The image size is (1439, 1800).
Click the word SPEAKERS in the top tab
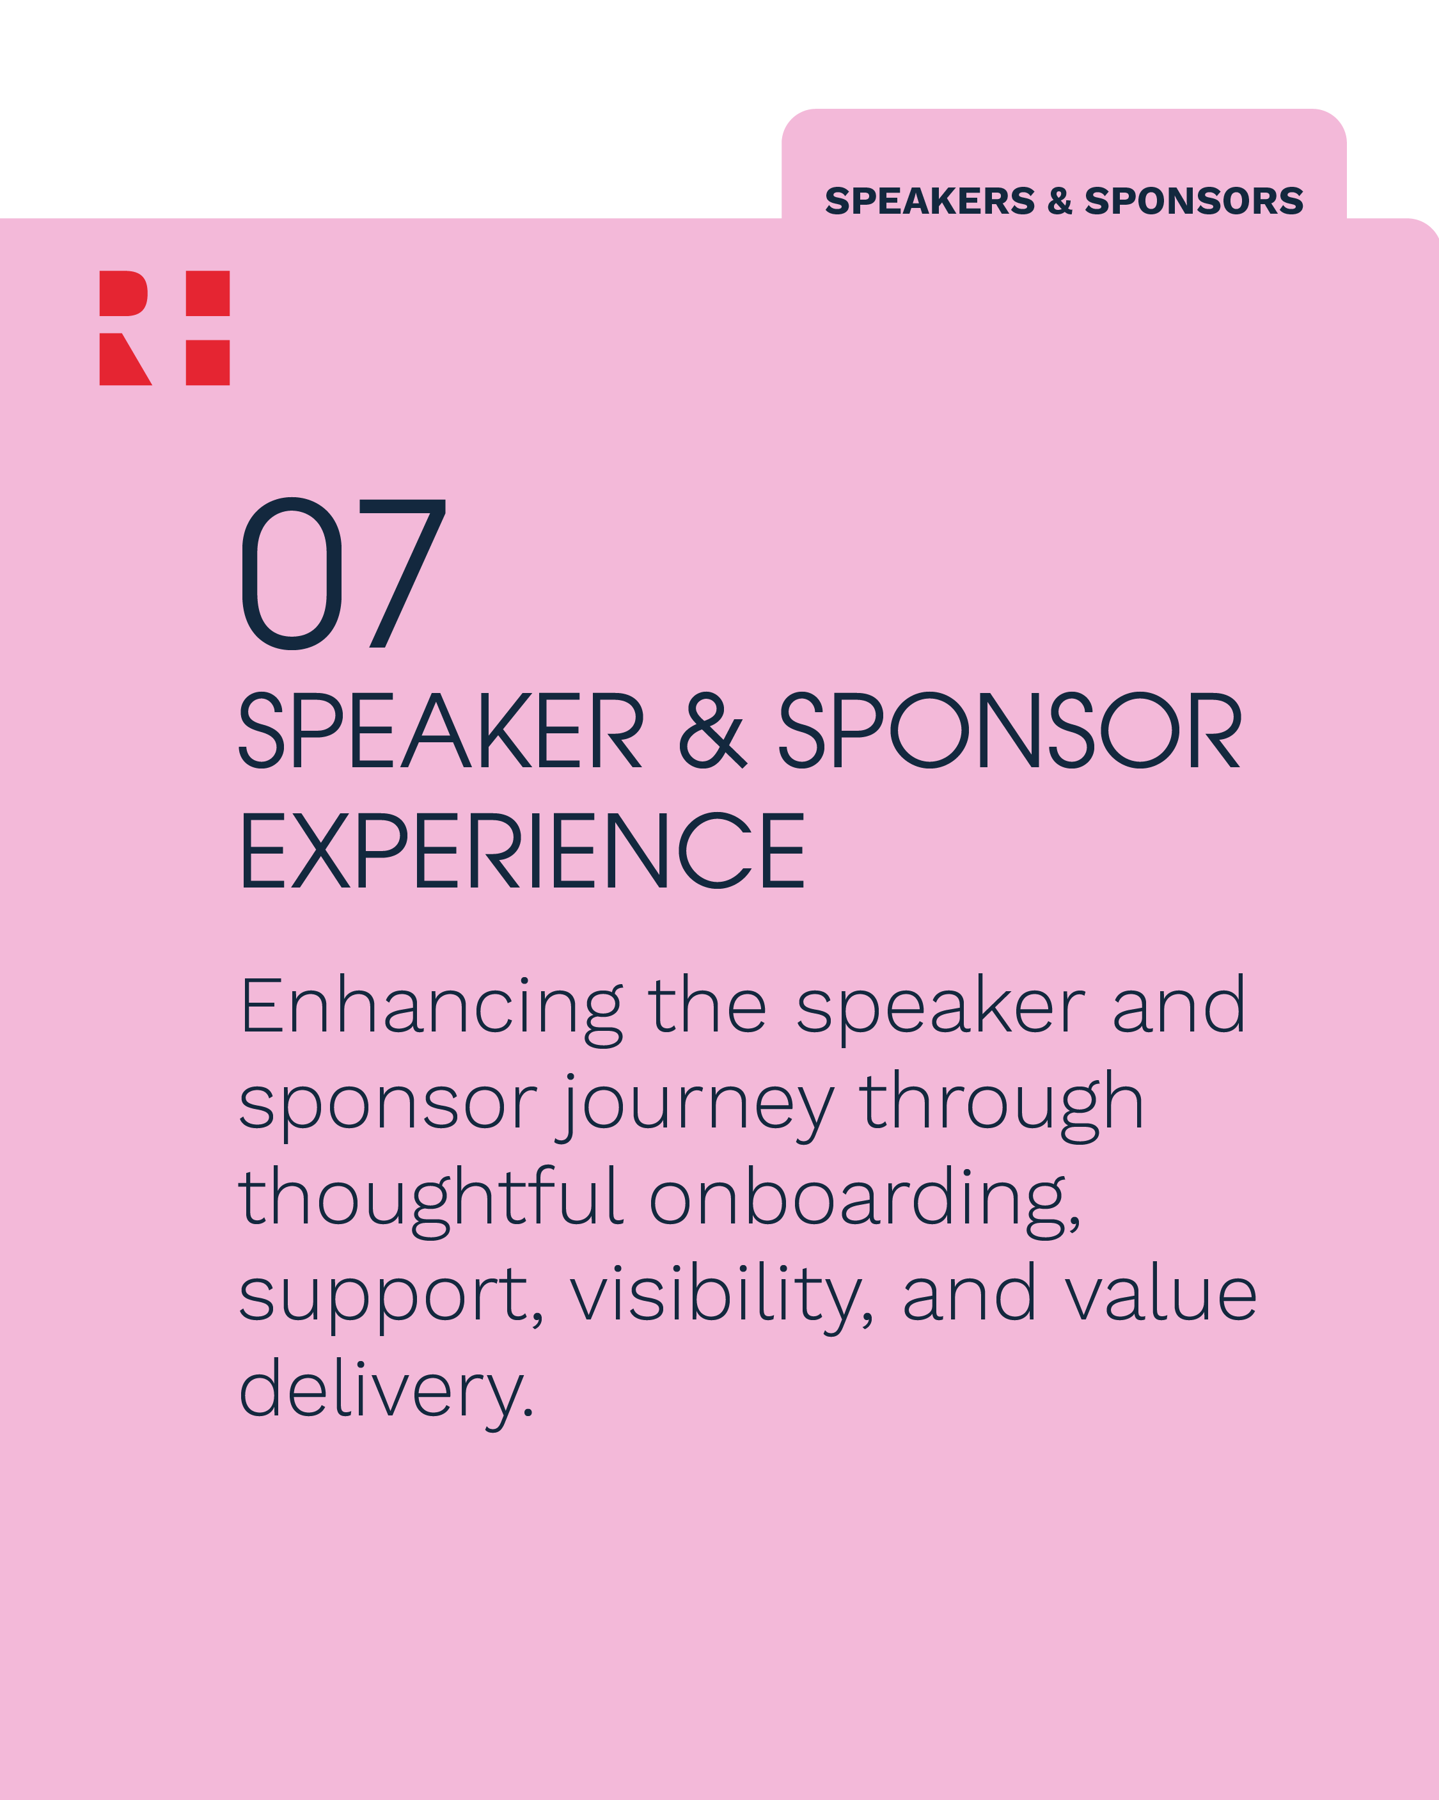(930, 201)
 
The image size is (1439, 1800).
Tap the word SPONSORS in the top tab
(1193, 201)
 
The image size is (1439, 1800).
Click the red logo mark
(164, 328)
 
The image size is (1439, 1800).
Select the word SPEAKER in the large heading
(441, 731)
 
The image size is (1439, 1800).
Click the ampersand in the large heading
(712, 731)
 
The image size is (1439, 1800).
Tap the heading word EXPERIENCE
(523, 852)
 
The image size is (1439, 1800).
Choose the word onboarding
(865, 1199)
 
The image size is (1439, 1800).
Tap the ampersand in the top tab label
(1059, 201)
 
